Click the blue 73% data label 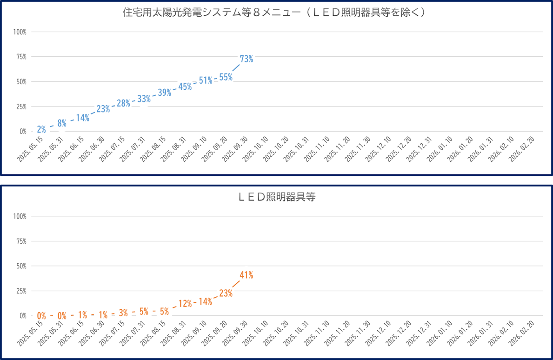[x=247, y=59]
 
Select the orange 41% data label [x=247, y=275]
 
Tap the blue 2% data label [x=41, y=129]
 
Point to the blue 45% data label [x=185, y=87]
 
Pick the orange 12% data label [x=185, y=304]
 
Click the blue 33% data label [x=144, y=99]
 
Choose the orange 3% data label [x=123, y=313]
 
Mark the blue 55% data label [x=226, y=77]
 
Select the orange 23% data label [x=226, y=293]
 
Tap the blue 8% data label [x=62, y=123]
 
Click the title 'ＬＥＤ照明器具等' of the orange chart [x=277, y=197]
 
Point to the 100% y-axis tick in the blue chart [x=20, y=32]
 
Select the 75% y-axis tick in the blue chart [x=21, y=57]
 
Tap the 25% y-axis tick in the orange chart [x=21, y=291]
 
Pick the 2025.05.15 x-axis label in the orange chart [x=31, y=333]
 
